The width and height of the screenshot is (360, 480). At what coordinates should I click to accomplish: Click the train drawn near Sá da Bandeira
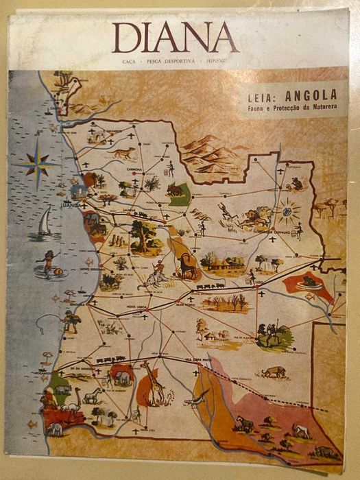110,359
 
